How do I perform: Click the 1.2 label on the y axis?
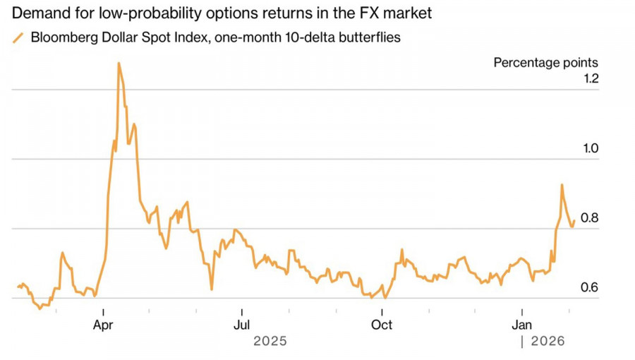(x=589, y=78)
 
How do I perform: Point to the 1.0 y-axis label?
(x=589, y=148)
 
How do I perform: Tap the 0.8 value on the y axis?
(x=589, y=217)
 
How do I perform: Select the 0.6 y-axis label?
(x=589, y=287)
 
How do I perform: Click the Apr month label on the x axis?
(x=104, y=325)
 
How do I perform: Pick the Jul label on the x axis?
(x=242, y=325)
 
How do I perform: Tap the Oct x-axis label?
(x=382, y=325)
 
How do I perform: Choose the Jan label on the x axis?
(x=521, y=325)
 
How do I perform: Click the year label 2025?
(x=270, y=341)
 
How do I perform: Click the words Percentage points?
(x=545, y=62)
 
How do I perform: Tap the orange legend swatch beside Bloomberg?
(x=19, y=37)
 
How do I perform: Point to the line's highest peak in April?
(x=119, y=63)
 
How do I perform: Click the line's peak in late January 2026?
(x=562, y=185)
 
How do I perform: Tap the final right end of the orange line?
(x=574, y=220)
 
